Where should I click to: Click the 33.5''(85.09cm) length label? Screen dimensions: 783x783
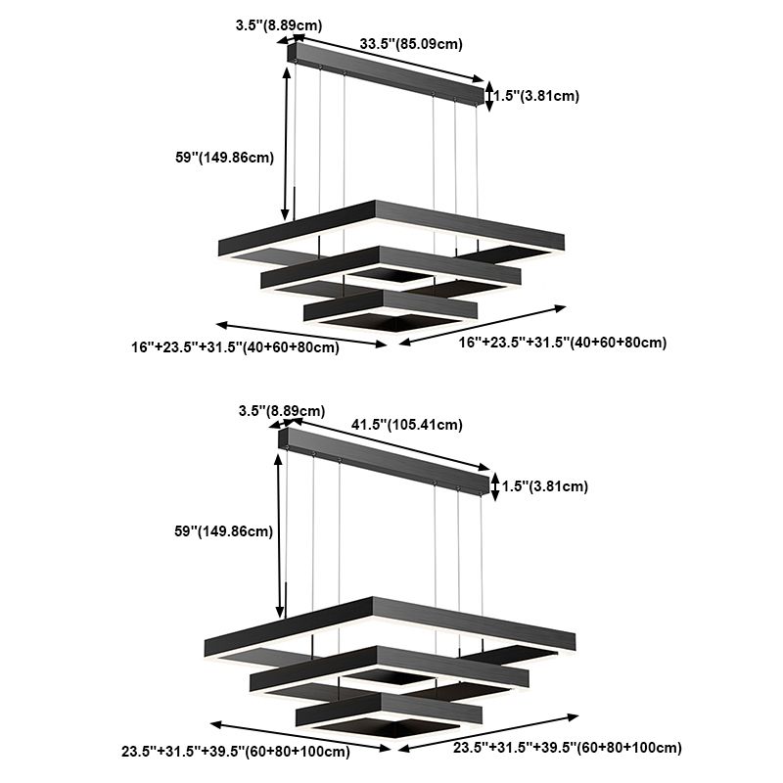(x=411, y=43)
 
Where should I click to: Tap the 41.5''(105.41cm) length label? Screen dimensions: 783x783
(x=406, y=425)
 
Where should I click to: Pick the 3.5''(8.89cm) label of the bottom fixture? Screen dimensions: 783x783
(x=281, y=412)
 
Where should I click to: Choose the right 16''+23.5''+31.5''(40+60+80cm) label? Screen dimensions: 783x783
(x=563, y=343)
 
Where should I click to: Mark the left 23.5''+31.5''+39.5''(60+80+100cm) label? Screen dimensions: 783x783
(x=235, y=753)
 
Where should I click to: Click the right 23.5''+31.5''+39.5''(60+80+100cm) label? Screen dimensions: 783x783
(x=568, y=748)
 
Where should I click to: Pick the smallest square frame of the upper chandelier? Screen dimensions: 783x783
(x=391, y=309)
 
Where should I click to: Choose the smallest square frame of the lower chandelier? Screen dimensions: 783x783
(x=391, y=712)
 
